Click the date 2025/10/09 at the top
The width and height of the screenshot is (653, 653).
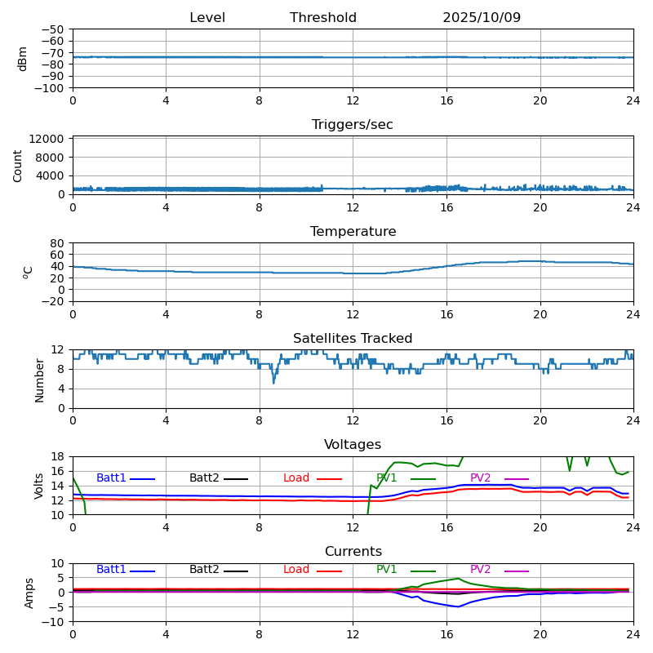click(482, 18)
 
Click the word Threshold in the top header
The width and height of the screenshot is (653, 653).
click(323, 18)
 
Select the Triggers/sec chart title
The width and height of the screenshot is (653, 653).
click(353, 125)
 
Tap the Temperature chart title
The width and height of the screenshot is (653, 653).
click(353, 232)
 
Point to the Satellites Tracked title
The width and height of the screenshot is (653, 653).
click(353, 339)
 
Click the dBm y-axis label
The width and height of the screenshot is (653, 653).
click(23, 59)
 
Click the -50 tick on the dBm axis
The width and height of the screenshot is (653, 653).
click(52, 29)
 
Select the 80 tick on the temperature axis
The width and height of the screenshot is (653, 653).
click(58, 243)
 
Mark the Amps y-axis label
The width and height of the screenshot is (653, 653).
click(29, 593)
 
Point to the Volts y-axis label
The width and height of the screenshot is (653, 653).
click(39, 486)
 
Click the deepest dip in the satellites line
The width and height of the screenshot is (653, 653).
click(273, 382)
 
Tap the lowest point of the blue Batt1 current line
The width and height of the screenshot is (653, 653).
click(458, 606)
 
